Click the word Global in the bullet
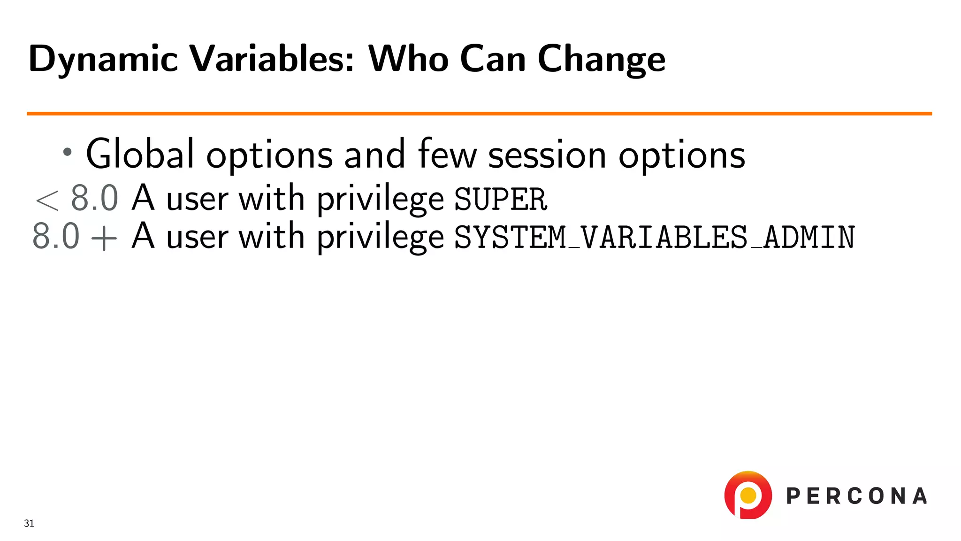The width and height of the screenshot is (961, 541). click(140, 154)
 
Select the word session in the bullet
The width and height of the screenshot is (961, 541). click(547, 155)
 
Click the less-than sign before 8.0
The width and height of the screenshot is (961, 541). click(47, 200)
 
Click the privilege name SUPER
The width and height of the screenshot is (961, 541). click(500, 199)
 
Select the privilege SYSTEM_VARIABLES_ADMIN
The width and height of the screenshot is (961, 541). click(655, 237)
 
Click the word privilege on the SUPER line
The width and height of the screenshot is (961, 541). click(380, 199)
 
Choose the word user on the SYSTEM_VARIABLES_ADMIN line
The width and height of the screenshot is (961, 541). click(198, 237)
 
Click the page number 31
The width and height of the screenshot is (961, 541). click(29, 523)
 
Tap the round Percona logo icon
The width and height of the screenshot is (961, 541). click(748, 495)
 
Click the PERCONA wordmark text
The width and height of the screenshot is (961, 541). click(856, 496)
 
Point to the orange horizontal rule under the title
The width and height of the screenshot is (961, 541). click(479, 114)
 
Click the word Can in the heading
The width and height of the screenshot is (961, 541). click(493, 59)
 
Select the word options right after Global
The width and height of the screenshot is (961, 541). click(269, 156)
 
